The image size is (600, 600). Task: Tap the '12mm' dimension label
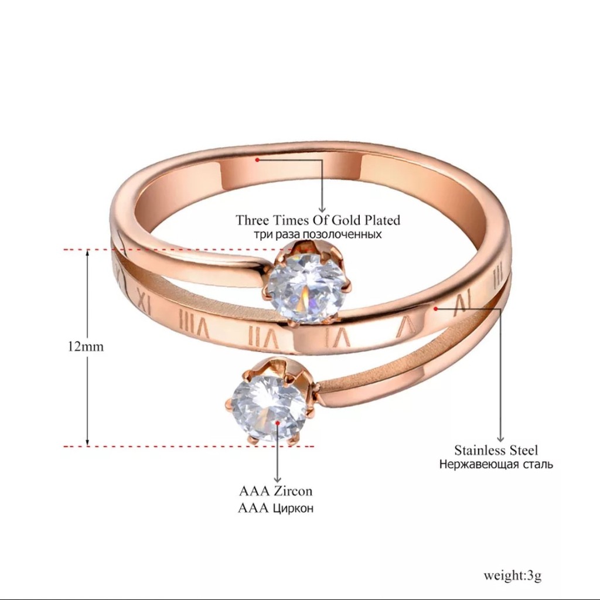pos(86,346)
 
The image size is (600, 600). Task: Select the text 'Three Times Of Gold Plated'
pos(318,220)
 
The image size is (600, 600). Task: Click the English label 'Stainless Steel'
pos(496,450)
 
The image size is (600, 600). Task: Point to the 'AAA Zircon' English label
pos(275,491)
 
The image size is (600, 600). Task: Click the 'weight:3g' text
pos(513,574)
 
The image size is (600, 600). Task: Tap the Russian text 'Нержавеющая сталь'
pos(496,465)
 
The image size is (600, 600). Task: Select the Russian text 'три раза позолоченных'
pos(318,235)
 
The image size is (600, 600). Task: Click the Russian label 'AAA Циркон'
pos(275,507)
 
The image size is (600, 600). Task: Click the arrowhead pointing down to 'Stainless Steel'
pos(500,437)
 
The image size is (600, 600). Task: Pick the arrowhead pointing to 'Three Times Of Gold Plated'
pos(322,208)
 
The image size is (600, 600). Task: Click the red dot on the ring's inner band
pos(257,159)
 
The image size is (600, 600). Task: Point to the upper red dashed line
pos(176,250)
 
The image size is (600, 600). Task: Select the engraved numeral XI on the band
pos(146,305)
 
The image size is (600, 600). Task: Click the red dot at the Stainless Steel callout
pos(436,306)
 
